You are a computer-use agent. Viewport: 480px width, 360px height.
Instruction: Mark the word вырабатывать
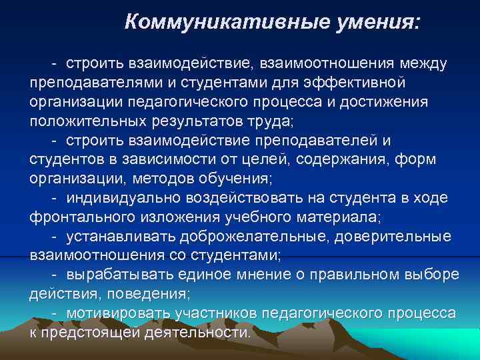[x=120, y=275]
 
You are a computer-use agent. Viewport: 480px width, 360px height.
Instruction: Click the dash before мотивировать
[x=54, y=313]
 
